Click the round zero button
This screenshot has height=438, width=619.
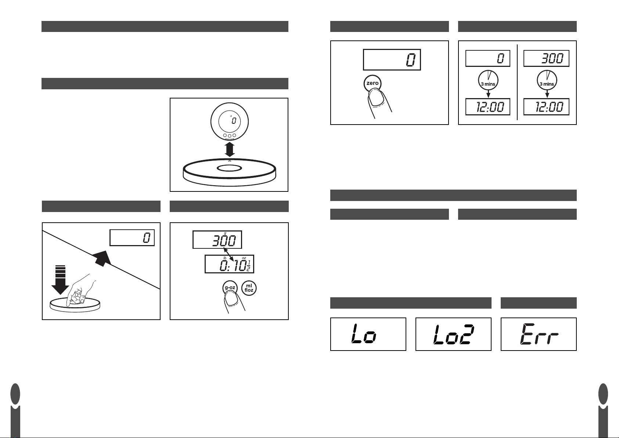(372, 84)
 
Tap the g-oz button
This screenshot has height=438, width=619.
(230, 288)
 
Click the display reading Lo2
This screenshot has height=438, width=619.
(453, 334)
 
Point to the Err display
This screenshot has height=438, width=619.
(539, 334)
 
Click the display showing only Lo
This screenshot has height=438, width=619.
(368, 334)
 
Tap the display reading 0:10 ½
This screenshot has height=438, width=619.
(229, 264)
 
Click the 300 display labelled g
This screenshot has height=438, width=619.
(217, 240)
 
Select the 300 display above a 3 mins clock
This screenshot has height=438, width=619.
(546, 58)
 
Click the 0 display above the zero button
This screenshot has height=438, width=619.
(392, 60)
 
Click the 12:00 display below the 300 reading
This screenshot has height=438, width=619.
(546, 107)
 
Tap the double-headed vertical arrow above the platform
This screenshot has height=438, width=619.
(229, 150)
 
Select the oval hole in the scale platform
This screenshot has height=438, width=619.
(229, 168)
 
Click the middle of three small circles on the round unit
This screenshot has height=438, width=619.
(229, 136)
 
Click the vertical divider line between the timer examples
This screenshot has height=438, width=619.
(517, 82)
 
